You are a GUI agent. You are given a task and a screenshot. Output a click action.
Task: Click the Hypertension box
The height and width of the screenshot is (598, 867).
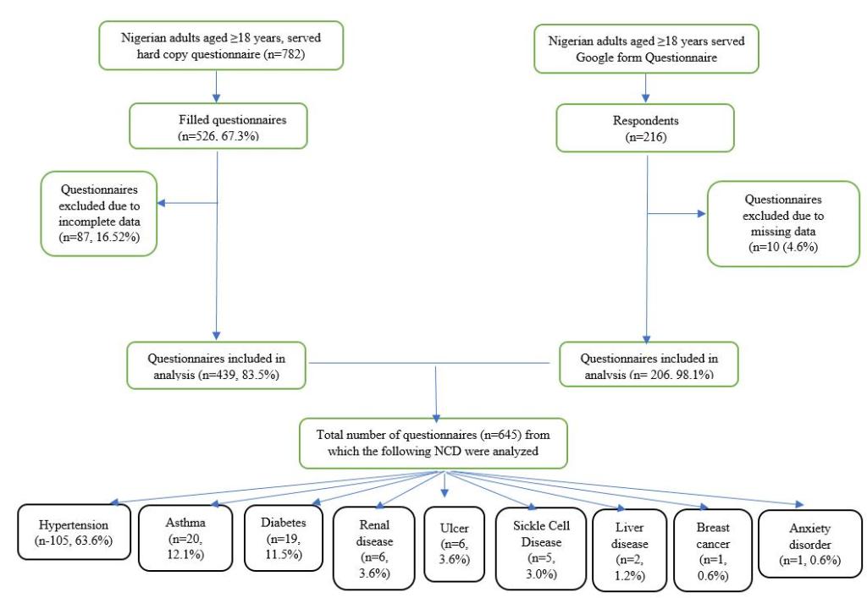click(x=75, y=532)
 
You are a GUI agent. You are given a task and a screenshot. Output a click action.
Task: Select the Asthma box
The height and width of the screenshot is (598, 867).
click(x=185, y=538)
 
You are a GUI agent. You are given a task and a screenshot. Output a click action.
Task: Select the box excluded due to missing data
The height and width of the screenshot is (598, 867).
click(x=783, y=222)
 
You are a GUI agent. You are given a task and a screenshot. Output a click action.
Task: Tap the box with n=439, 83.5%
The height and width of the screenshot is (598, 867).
click(x=215, y=365)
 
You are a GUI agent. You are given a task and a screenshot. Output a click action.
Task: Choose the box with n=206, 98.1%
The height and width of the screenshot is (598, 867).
click(x=647, y=365)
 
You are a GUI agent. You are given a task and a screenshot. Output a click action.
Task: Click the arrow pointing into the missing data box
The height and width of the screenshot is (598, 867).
click(x=676, y=214)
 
